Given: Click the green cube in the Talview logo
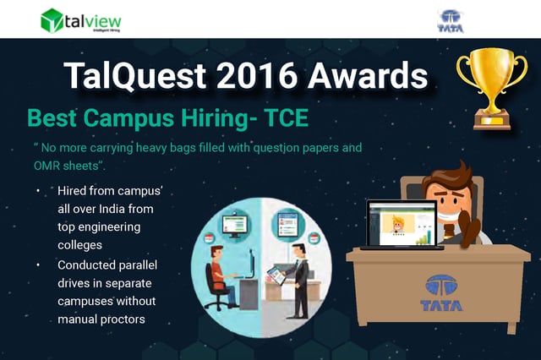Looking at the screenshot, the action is [x=52, y=20].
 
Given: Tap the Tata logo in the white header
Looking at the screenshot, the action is [x=451, y=21].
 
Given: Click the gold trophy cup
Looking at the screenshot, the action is [x=492, y=88].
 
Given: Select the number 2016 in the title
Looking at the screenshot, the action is [x=257, y=75].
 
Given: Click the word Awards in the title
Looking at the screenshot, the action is [x=368, y=75].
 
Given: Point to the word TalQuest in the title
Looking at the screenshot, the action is [x=135, y=76].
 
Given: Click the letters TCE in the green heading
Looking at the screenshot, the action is [x=286, y=118].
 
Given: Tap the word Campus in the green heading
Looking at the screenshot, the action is [x=128, y=119].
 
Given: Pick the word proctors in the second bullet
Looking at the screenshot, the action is [x=123, y=319].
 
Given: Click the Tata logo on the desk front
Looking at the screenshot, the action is [x=441, y=292].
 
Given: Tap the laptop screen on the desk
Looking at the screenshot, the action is [x=402, y=223].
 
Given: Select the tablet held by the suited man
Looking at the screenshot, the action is [x=276, y=275].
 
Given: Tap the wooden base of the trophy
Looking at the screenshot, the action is [x=492, y=120].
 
